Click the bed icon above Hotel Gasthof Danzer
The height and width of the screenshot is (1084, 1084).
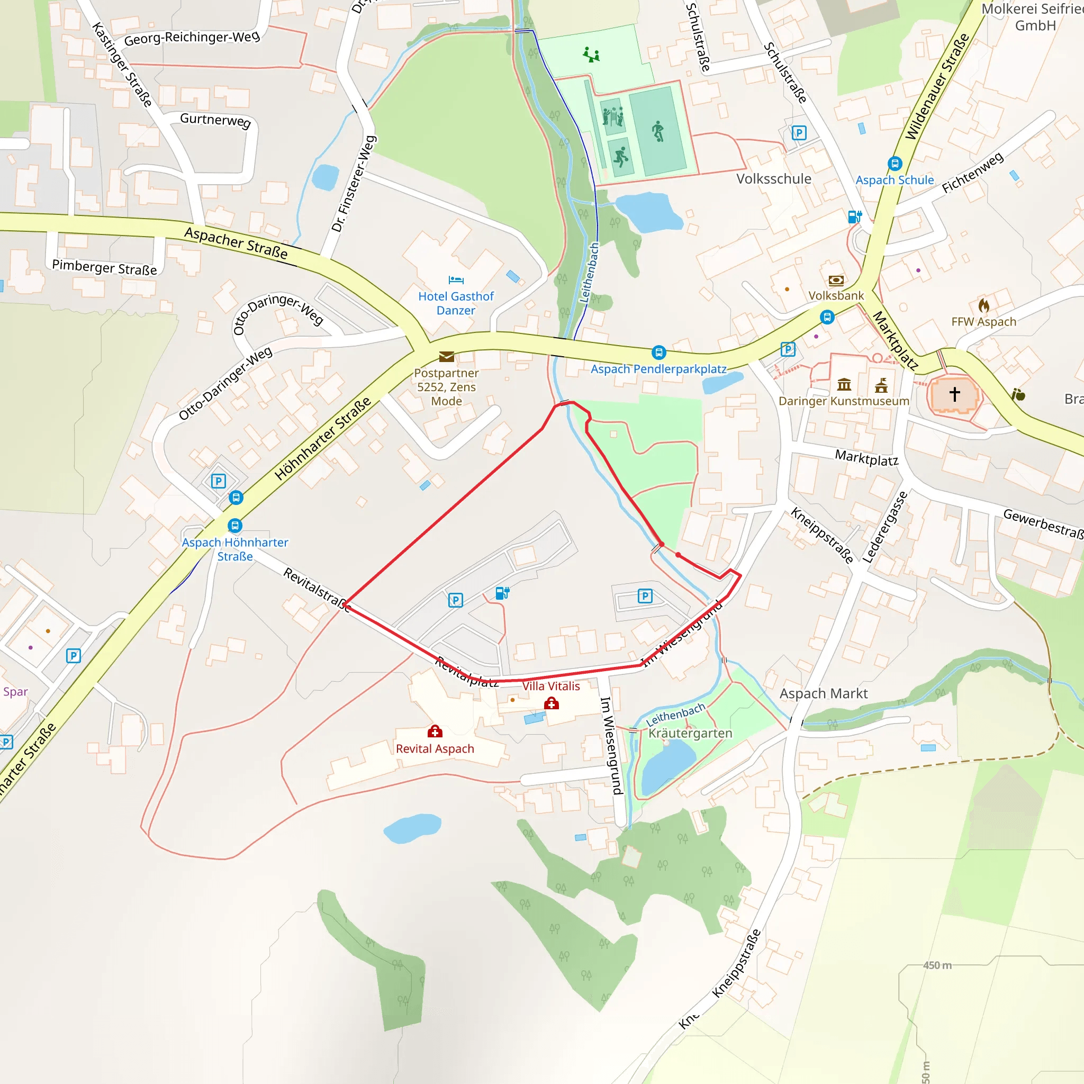click(x=456, y=279)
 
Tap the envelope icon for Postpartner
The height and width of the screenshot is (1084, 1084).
click(x=447, y=356)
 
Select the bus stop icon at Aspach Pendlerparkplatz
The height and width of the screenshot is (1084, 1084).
click(x=658, y=353)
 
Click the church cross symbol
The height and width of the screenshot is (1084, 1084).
click(x=954, y=394)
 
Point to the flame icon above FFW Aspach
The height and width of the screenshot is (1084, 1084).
click(x=983, y=305)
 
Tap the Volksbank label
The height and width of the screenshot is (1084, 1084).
click(x=836, y=296)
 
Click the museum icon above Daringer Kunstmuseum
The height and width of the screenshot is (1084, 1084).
click(x=844, y=384)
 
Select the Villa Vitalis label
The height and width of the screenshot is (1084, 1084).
click(x=551, y=685)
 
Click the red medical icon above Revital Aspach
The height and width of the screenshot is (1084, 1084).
click(x=435, y=731)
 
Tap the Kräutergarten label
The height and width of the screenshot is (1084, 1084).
click(x=690, y=733)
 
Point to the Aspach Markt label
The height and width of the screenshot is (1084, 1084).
click(x=823, y=693)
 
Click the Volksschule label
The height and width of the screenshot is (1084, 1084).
click(x=774, y=179)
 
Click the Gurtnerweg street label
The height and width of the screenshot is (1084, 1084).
click(x=215, y=120)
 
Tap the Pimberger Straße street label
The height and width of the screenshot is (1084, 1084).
click(x=104, y=267)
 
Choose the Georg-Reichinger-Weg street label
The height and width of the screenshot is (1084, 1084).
click(x=192, y=38)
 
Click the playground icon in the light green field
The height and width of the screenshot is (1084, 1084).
click(x=591, y=55)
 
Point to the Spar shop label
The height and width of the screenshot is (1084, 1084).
click(x=15, y=692)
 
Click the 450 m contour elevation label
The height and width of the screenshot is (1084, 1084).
click(x=937, y=965)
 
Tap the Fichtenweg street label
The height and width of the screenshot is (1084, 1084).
click(x=972, y=173)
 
